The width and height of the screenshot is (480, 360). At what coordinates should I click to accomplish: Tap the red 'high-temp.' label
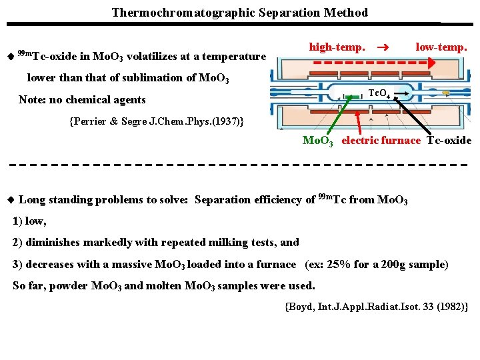coord(337,47)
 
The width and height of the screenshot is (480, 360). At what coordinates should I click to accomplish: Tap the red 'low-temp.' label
coord(441,47)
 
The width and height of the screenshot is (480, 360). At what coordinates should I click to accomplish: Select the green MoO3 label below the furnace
coord(317,141)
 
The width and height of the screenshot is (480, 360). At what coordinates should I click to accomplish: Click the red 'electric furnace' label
coord(381,140)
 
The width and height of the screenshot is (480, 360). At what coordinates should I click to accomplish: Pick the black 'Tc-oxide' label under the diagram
coord(449,140)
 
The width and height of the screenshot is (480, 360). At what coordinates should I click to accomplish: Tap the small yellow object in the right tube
coord(445,92)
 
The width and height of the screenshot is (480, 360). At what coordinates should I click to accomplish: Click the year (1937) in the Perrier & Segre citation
coord(229,121)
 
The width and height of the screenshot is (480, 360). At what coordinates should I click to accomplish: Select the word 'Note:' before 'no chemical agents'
coord(32,100)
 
